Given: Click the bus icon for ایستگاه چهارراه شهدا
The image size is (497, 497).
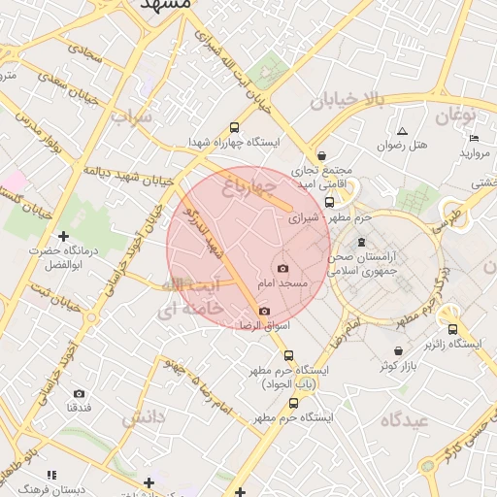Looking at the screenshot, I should coord(234,127).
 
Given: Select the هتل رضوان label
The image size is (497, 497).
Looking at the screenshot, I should coord(402,146).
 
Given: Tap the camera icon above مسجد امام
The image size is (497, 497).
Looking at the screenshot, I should coord(282,268).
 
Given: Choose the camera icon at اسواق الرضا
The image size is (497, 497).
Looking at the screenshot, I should coord(264,311).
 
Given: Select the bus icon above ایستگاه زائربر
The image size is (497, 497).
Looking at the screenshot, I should coord(451,329).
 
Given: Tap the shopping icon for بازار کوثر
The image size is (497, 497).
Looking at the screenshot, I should coord(398,351).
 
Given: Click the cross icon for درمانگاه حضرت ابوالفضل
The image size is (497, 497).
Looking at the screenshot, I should coord(64,236).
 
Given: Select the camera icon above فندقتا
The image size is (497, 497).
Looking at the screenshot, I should coord(79,393).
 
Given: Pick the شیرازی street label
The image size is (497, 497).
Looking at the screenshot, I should coord(305,218).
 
